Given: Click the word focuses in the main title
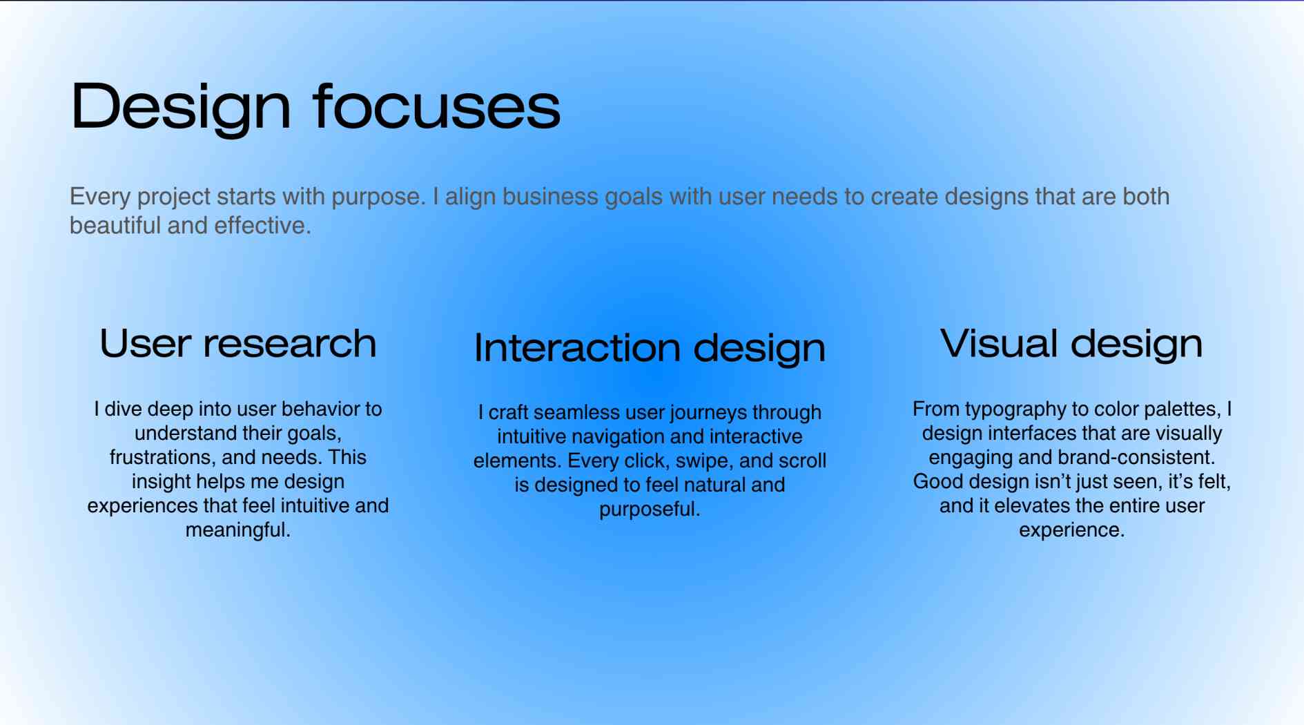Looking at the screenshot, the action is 436,106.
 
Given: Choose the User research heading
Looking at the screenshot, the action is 238,343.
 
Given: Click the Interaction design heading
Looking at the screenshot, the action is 650,348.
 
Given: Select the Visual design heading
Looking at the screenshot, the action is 1071,344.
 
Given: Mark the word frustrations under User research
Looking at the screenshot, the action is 162,457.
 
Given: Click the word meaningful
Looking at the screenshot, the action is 237,530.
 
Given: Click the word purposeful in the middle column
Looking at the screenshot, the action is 650,510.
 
